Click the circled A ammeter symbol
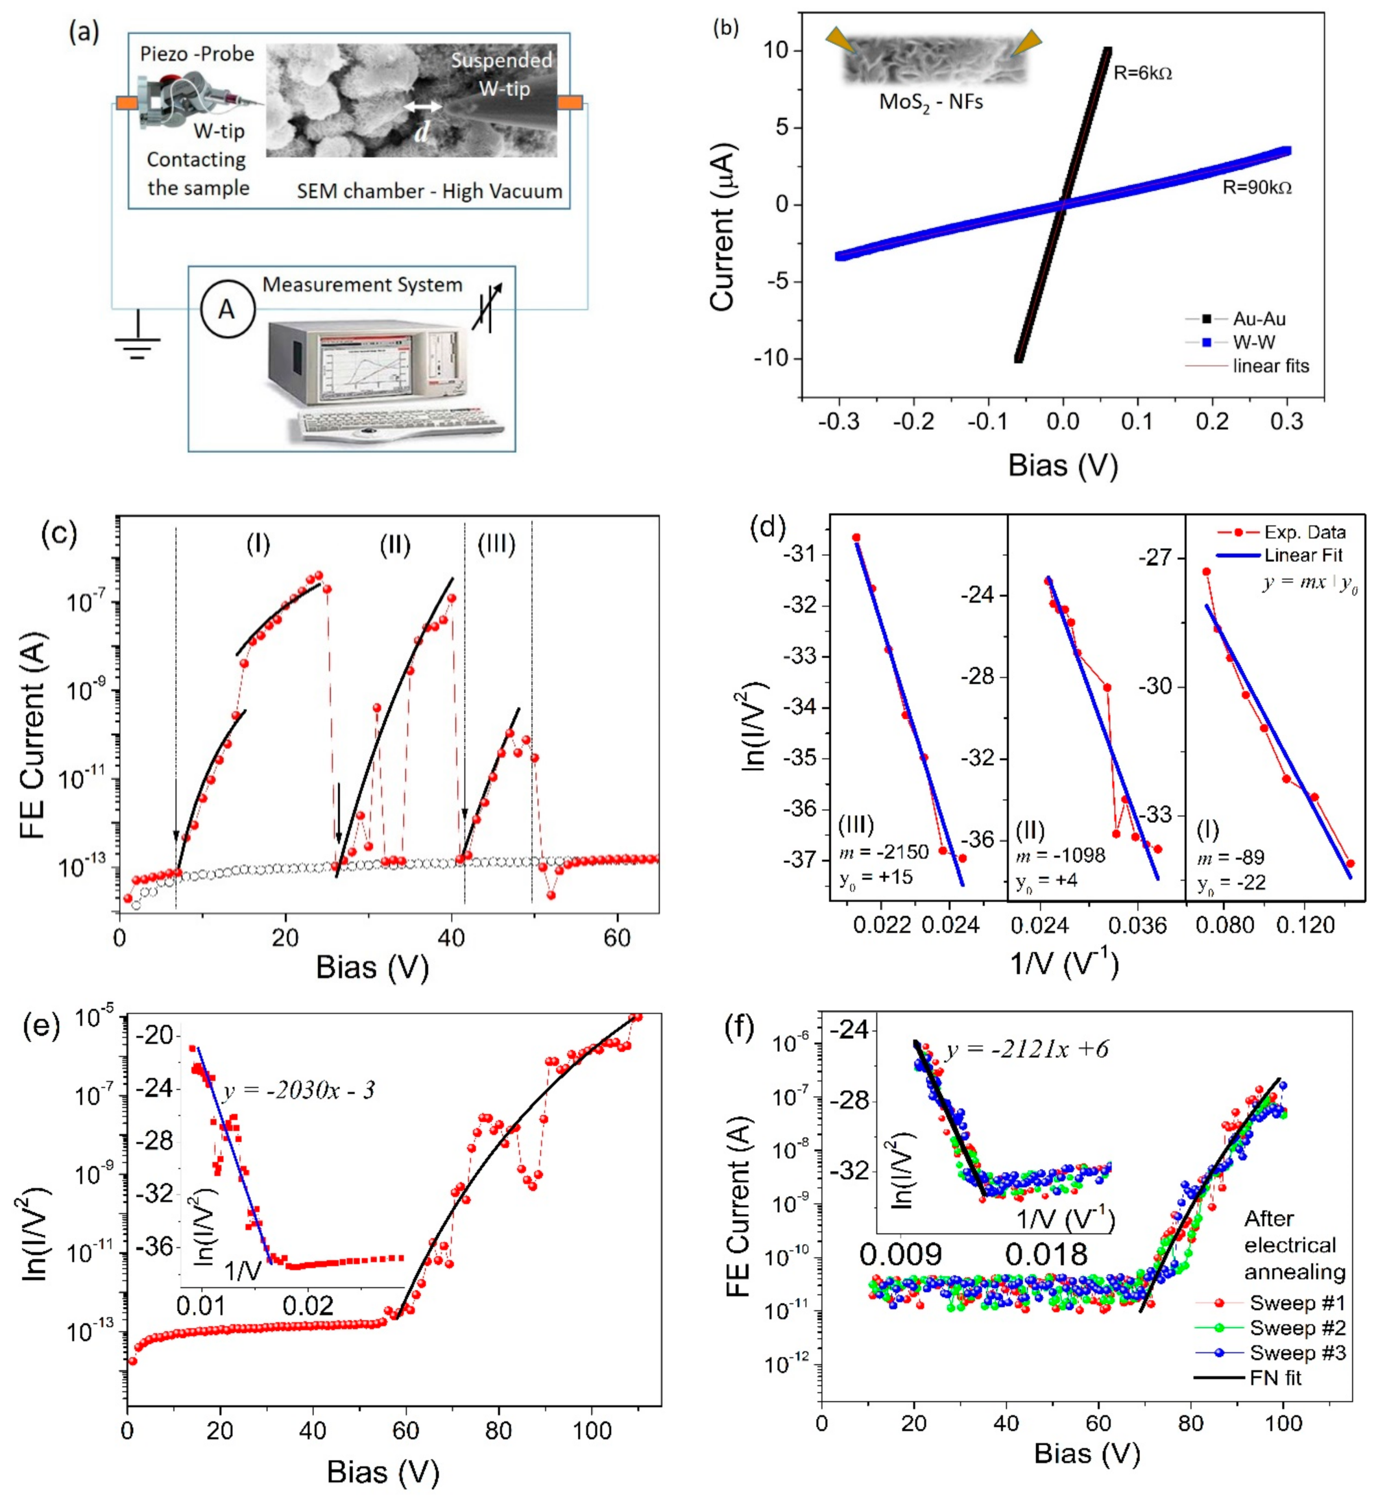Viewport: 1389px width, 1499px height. pos(227,309)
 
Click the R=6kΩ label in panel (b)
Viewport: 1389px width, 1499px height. pos(1142,73)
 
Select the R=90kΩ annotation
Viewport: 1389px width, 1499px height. pos(1257,187)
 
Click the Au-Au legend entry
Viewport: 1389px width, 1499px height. pos(1258,319)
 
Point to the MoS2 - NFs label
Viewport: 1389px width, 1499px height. pos(930,102)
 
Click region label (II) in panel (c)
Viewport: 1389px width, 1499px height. pos(395,544)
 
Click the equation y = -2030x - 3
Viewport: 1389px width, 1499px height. pos(299,1089)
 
